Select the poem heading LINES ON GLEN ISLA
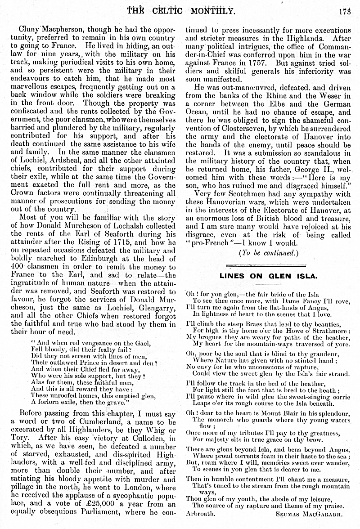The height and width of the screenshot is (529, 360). [x=268, y=276]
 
